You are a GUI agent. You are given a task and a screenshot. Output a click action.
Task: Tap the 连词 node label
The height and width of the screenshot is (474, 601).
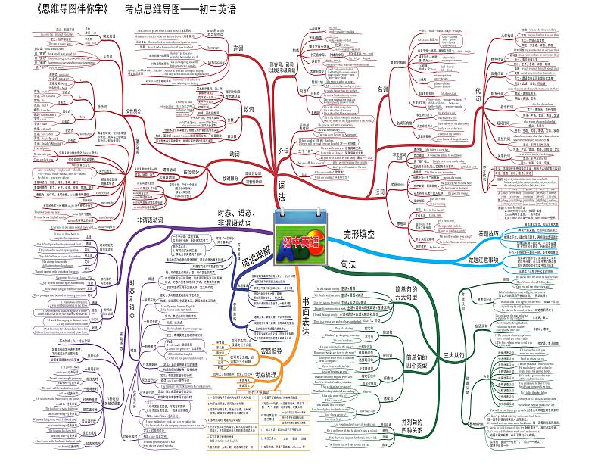(x=238, y=48)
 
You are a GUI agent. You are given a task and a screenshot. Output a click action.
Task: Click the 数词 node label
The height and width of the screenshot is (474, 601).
(x=248, y=109)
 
